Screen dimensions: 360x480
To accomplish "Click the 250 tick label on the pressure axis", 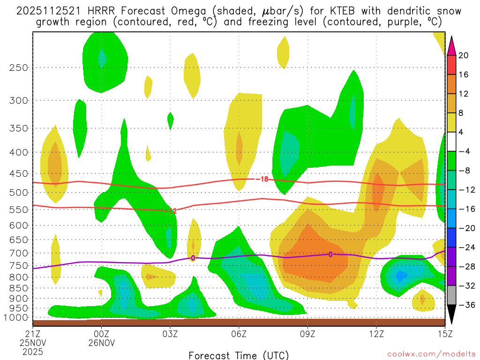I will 18,67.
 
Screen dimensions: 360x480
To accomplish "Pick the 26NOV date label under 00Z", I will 102,343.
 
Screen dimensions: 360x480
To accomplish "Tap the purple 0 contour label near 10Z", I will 330,255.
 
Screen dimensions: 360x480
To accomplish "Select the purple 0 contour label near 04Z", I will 193,258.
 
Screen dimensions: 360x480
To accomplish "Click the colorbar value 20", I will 463,56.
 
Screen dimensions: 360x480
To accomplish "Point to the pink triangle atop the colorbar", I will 452,46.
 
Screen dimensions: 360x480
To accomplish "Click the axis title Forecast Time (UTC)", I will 239,354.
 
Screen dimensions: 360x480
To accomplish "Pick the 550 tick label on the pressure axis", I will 18,210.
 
